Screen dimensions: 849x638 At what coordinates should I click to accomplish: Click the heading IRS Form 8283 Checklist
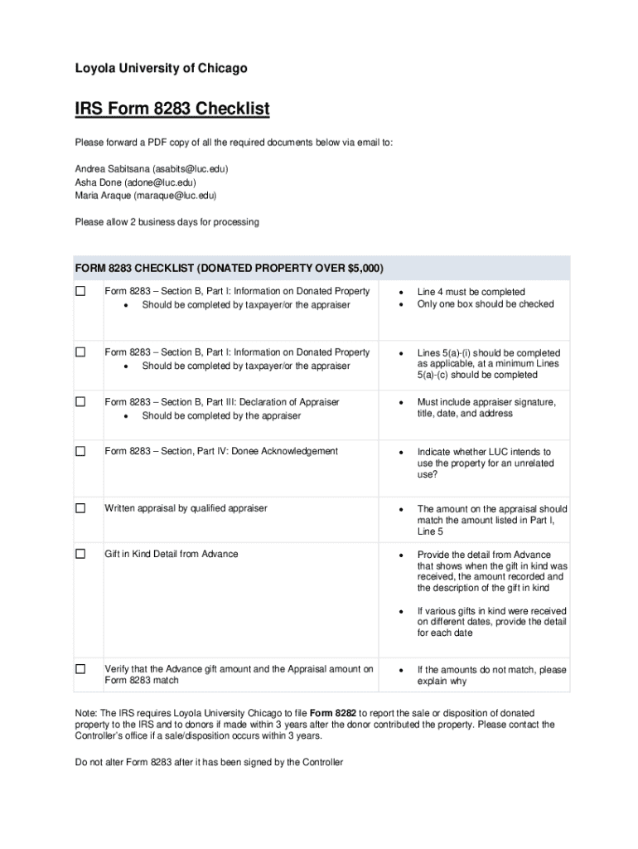pyautogui.click(x=172, y=109)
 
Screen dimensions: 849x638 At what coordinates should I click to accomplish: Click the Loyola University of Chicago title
pyautogui.click(x=161, y=68)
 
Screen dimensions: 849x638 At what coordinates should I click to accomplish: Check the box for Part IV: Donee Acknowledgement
pyautogui.click(x=80, y=451)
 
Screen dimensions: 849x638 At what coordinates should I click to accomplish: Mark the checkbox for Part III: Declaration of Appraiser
pyautogui.click(x=80, y=402)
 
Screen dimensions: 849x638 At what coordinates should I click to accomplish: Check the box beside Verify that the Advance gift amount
pyautogui.click(x=80, y=669)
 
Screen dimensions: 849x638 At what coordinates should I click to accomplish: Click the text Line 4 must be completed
pyautogui.click(x=471, y=292)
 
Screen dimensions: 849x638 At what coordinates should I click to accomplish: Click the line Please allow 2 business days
pyautogui.click(x=167, y=222)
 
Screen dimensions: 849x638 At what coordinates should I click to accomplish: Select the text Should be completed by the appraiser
pyautogui.click(x=221, y=415)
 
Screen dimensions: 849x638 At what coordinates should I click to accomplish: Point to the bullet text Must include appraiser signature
pyautogui.click(x=486, y=402)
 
